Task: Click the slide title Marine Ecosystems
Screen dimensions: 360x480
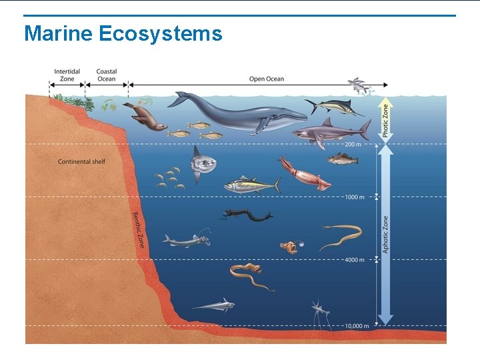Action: [123, 33]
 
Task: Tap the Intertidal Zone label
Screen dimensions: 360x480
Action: [67, 75]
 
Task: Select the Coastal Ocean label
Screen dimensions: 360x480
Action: [106, 75]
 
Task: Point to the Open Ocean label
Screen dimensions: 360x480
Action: [266, 79]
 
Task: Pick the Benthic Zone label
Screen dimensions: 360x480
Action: [138, 229]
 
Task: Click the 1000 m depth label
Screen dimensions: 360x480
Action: [354, 197]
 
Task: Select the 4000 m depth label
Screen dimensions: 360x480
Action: [354, 259]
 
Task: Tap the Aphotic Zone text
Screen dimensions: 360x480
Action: [385, 233]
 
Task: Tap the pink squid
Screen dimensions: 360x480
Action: [303, 172]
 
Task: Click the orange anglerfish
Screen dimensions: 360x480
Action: [289, 247]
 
